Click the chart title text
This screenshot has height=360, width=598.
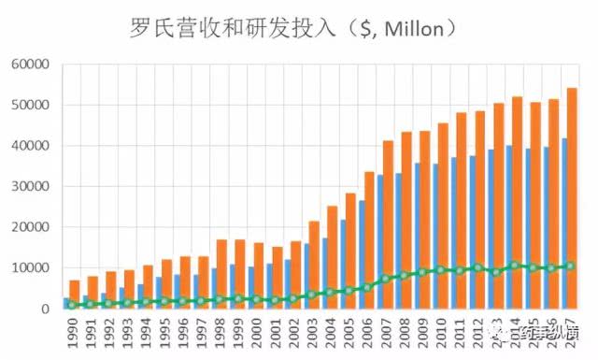[293, 28]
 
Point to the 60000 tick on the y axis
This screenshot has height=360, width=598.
[31, 65]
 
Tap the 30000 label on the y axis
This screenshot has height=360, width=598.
[31, 186]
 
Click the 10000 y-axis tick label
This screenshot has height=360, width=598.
[31, 267]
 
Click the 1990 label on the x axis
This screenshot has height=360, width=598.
[73, 333]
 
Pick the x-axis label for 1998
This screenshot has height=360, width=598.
[221, 333]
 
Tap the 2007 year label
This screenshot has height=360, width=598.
[386, 333]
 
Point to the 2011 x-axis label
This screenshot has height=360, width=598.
[460, 333]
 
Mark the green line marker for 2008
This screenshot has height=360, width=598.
[403, 276]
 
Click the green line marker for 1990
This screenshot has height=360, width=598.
[72, 304]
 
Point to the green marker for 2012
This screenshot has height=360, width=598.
[477, 268]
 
